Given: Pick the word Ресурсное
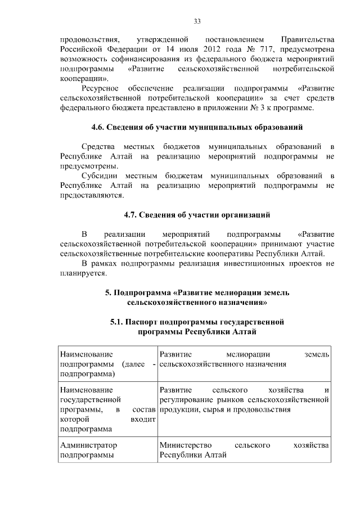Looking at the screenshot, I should tap(100, 89).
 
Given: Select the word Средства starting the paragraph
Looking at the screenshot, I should tap(98, 147).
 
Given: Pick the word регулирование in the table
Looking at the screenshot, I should tap(186, 400).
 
